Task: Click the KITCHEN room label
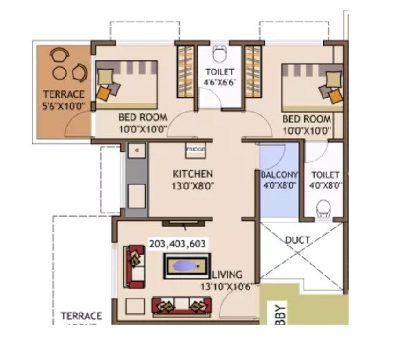[x=192, y=174]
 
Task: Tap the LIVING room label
[x=226, y=274]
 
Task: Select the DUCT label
[x=297, y=240]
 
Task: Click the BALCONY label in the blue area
[x=279, y=175]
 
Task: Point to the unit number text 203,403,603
[x=177, y=244]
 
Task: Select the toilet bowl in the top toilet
[x=219, y=53]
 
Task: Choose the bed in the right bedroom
[x=312, y=84]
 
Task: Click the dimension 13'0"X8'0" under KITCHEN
[x=192, y=186]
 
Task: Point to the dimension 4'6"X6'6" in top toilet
[x=219, y=84]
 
